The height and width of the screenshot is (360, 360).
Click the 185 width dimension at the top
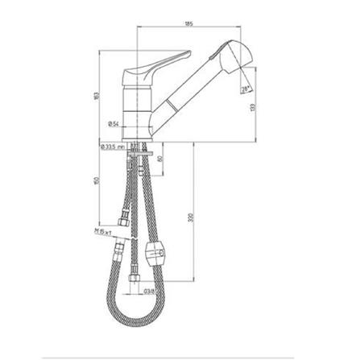[x=188, y=23]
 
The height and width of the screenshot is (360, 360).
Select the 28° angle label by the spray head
[x=243, y=90]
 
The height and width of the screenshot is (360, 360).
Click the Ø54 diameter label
[x=114, y=123]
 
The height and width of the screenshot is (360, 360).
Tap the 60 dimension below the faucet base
[x=161, y=159]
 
